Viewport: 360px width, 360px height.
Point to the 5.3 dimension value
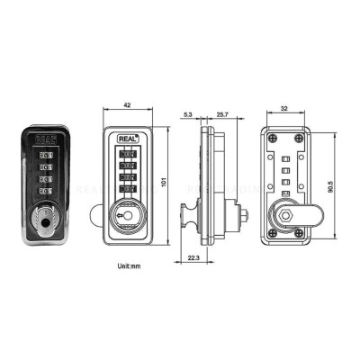click(x=186, y=114)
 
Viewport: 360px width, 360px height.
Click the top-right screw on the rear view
click(x=297, y=139)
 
